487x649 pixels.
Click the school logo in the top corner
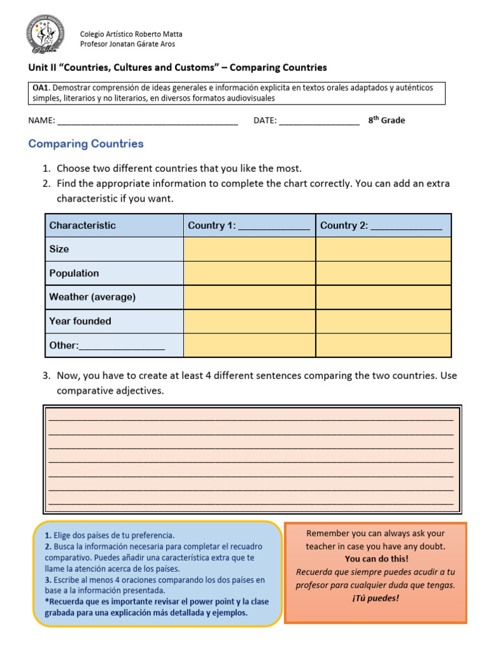[44, 35]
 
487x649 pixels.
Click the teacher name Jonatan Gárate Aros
[127, 44]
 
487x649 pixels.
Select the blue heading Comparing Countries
[86, 144]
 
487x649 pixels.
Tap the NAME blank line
[147, 121]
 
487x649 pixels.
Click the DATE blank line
[318, 121]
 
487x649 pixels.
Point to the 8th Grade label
[386, 120]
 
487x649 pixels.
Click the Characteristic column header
[82, 226]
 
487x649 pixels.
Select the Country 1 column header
[249, 226]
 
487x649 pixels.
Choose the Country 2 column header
[381, 226]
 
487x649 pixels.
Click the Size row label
[60, 249]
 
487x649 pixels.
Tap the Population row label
[74, 273]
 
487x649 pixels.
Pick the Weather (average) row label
[93, 297]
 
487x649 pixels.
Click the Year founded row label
[80, 321]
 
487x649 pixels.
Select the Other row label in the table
[107, 345]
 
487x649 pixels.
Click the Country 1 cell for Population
[249, 273]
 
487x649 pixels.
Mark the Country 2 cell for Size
[383, 249]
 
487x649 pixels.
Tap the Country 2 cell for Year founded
[383, 321]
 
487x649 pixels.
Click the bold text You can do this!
[377, 559]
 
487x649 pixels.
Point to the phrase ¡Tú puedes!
[375, 598]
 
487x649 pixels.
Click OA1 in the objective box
[41, 87]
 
